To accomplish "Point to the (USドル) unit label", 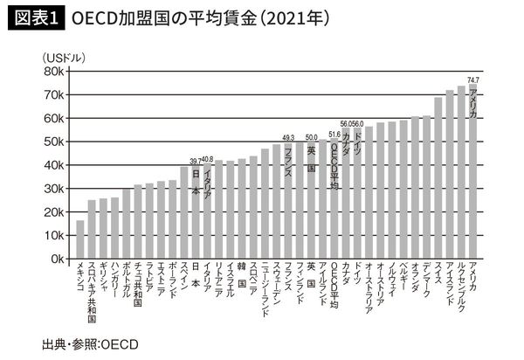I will (64, 57).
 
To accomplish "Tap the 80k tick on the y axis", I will (52, 72).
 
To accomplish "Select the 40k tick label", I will (52, 165).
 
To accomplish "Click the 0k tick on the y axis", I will (54, 260).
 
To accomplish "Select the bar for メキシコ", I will (80, 239).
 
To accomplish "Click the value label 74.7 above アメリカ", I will (473, 80).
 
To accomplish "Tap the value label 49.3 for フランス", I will (288, 137).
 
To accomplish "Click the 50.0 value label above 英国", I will (311, 136).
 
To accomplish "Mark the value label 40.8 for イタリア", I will (207, 160).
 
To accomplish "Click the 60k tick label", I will (52, 119).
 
